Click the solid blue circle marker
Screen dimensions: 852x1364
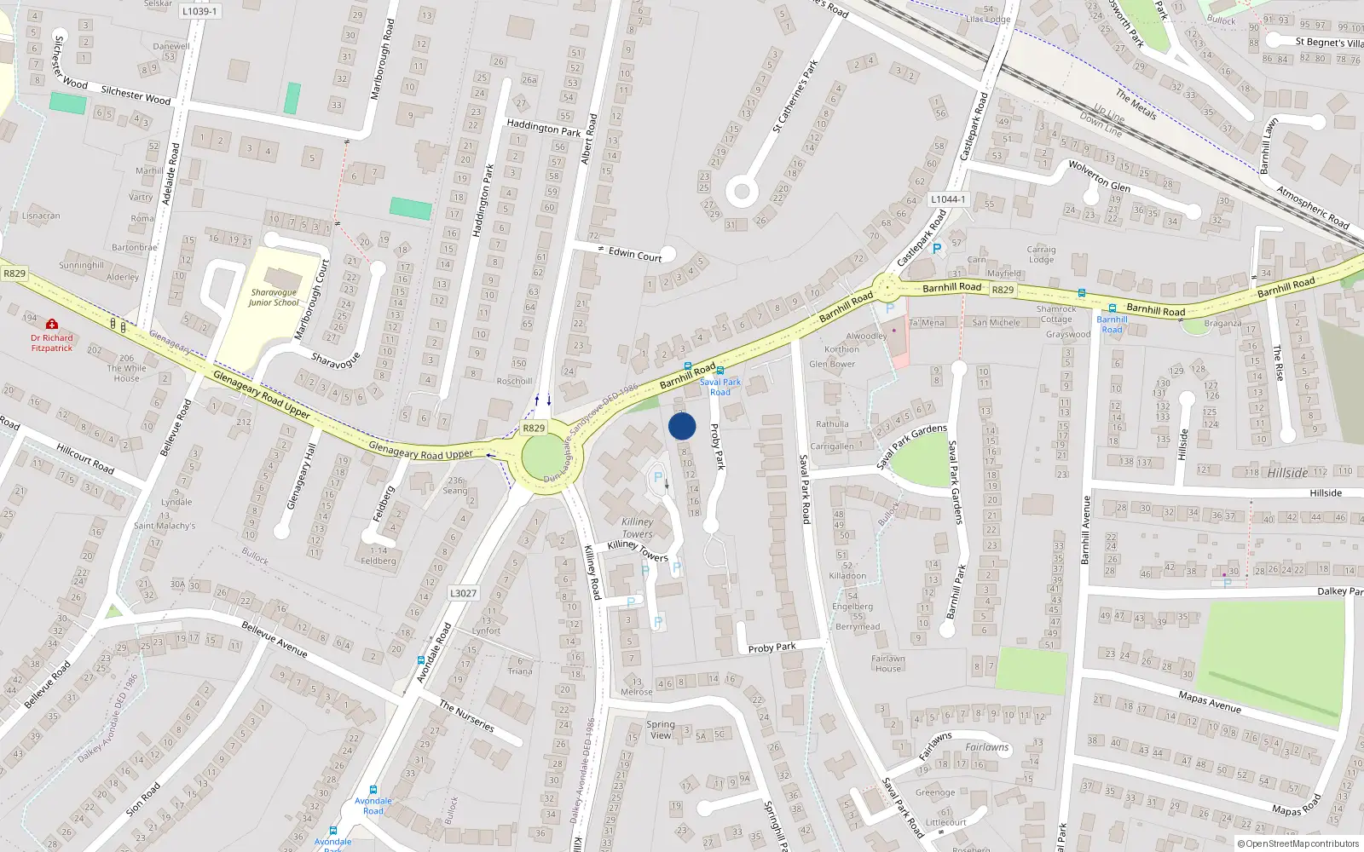682,426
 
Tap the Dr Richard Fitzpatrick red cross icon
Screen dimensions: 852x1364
52,325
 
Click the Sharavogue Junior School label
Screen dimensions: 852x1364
274,297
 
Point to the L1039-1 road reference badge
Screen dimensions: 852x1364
199,11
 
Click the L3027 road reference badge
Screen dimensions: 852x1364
463,593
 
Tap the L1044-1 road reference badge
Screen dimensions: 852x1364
948,199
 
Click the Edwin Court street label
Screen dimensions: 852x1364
635,255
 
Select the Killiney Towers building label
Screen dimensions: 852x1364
637,527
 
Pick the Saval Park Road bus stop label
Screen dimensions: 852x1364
720,387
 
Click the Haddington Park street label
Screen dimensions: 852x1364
543,129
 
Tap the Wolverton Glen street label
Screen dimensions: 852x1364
1099,176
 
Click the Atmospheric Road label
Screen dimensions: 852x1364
1312,207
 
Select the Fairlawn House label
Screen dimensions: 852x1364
887,664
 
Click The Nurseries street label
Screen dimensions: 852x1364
466,716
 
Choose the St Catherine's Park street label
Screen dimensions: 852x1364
795,95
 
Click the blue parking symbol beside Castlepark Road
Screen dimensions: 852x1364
937,249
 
